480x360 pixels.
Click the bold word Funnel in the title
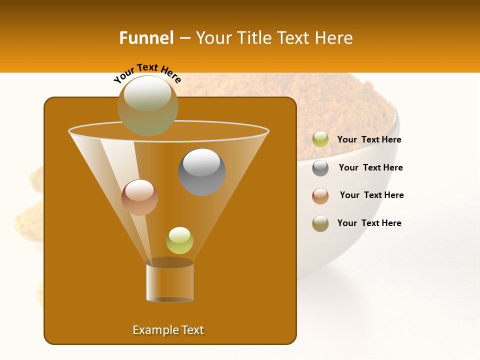(146, 38)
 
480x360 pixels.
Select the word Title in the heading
(253, 38)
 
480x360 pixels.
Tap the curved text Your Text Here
(147, 72)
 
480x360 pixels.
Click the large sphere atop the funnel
(147, 105)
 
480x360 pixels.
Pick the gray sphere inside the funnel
(201, 171)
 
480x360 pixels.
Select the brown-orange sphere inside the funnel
(139, 197)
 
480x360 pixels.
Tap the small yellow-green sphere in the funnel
(179, 240)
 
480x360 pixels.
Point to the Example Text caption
(168, 330)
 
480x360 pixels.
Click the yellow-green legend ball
(320, 139)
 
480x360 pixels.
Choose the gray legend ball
(320, 168)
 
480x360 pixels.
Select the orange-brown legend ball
(320, 196)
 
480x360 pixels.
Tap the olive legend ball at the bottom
(320, 223)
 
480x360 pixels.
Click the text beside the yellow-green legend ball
(369, 140)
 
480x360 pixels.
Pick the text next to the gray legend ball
(370, 168)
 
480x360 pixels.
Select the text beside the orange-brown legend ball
(371, 195)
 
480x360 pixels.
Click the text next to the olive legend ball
(369, 223)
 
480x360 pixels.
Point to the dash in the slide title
(184, 38)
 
